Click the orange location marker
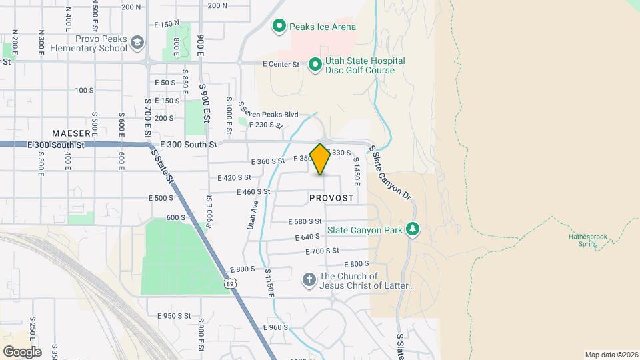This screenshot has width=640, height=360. coord(321,159)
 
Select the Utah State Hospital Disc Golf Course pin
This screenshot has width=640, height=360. coord(315,65)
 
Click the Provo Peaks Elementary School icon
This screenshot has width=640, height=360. coord(137,43)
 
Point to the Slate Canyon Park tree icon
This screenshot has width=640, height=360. coord(413,230)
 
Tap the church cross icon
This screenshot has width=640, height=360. coord(309,281)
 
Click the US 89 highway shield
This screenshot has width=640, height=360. coord(229,284)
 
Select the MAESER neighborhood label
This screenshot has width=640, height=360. coord(71,133)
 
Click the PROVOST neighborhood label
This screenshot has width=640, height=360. coord(331,198)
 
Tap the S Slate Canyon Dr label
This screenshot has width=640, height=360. coord(390,173)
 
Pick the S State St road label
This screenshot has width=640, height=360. coord(162,166)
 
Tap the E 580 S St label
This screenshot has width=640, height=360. coord(305,221)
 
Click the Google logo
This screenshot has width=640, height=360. coord(22,351)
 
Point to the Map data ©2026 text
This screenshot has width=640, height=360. coord(611,355)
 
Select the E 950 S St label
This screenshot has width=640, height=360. coord(174,315)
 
